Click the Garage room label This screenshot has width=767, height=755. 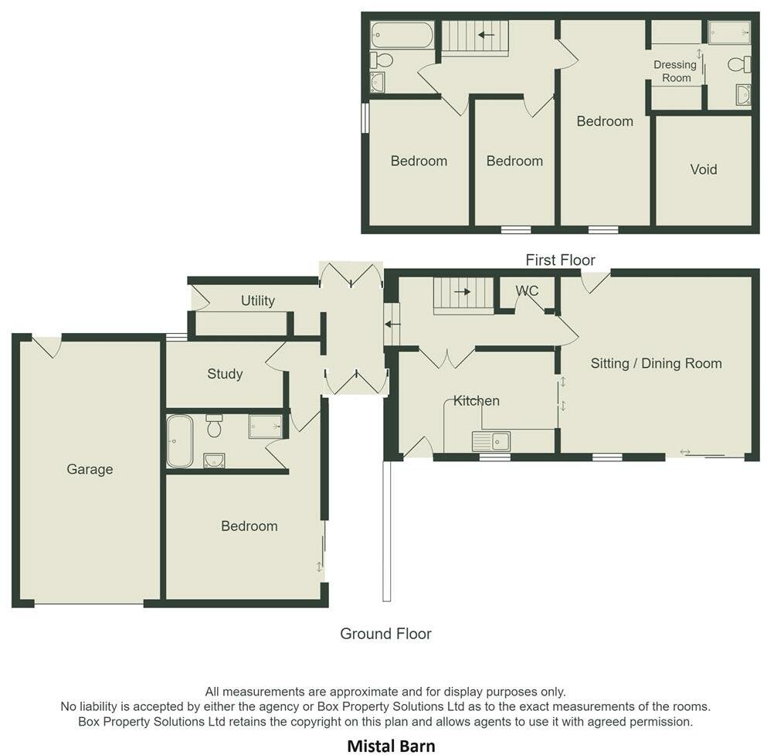point(90,469)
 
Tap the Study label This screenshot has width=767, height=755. point(225,374)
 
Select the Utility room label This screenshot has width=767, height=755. point(257,301)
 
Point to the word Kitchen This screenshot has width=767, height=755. point(476,400)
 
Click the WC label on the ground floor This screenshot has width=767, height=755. point(527,291)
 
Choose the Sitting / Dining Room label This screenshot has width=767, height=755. point(656,363)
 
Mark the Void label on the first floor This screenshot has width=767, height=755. point(703,169)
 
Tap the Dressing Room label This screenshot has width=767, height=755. point(674,71)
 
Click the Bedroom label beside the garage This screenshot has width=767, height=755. point(249,526)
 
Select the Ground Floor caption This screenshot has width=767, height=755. point(385,634)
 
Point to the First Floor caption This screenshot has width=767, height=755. point(560,260)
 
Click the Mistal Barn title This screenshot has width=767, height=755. point(391,746)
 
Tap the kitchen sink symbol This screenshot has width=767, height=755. point(490,441)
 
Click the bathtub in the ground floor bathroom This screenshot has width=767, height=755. point(180,441)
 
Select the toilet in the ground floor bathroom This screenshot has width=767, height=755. point(214,426)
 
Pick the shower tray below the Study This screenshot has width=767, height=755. point(266,427)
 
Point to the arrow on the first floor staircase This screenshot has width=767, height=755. point(486,35)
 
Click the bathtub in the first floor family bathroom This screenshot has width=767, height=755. point(402,35)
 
